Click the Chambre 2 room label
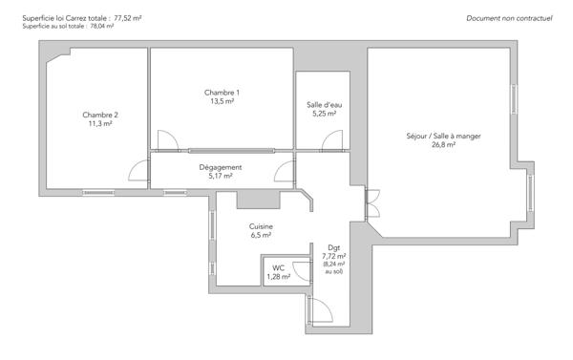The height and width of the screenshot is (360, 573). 100,115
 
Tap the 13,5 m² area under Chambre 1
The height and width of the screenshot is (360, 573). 222,101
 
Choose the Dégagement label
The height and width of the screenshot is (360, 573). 220,167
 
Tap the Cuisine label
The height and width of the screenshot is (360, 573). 261,226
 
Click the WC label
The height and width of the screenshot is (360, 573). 279,268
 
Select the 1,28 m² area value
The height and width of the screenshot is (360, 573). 279,277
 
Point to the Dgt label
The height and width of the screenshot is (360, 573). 333,247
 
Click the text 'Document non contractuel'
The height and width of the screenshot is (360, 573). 510,18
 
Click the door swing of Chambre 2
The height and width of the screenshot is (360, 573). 138,172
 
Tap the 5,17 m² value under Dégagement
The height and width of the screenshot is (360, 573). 220,176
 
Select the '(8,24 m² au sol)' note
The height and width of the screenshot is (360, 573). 333,268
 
